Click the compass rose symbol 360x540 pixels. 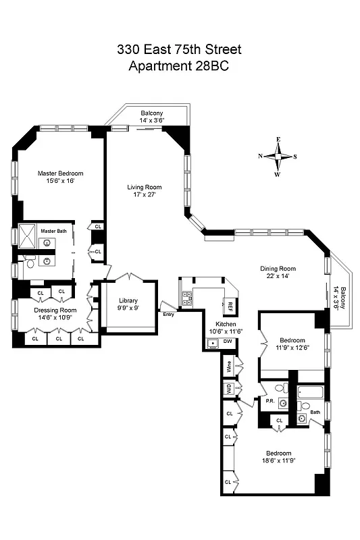pyautogui.click(x=278, y=157)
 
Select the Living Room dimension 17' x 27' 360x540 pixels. pyautogui.click(x=145, y=196)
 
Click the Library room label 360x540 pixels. pyautogui.click(x=128, y=300)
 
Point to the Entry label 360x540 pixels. pyautogui.click(x=169, y=314)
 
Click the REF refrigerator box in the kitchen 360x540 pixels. pyautogui.click(x=230, y=304)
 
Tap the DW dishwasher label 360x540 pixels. pyautogui.click(x=228, y=342)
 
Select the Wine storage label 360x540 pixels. pyautogui.click(x=230, y=367)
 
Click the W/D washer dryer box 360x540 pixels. pyautogui.click(x=230, y=389)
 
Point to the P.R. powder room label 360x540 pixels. pyautogui.click(x=269, y=401)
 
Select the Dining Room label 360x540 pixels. pyautogui.click(x=278, y=269)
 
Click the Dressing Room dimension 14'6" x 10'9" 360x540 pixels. pyautogui.click(x=55, y=319)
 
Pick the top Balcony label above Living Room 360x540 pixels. pyautogui.click(x=151, y=113)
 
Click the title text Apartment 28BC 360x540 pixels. pyautogui.click(x=178, y=65)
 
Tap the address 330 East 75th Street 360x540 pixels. pyautogui.click(x=178, y=49)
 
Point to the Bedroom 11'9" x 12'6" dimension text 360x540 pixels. pyautogui.click(x=292, y=348)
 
